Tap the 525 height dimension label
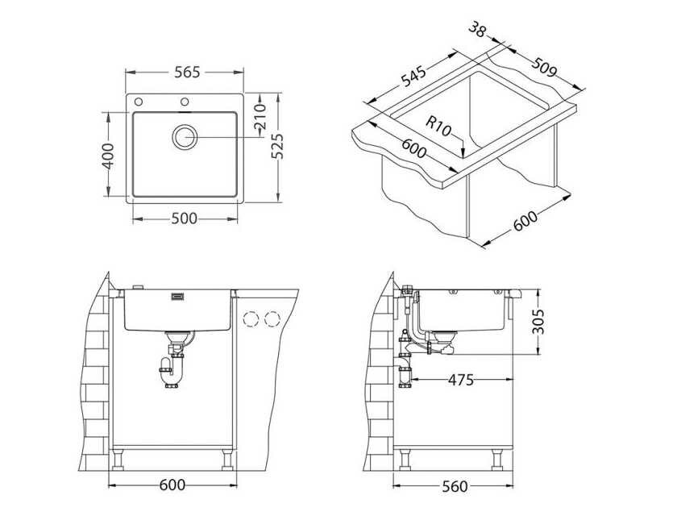coord(277,146)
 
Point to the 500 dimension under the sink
coord(185,219)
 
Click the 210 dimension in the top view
coord(260,119)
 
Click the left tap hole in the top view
coord(139,102)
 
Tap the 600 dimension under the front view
coord(172,485)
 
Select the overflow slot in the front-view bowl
coord(178,298)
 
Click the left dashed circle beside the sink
coord(251,318)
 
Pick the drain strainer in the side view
coord(442,333)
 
